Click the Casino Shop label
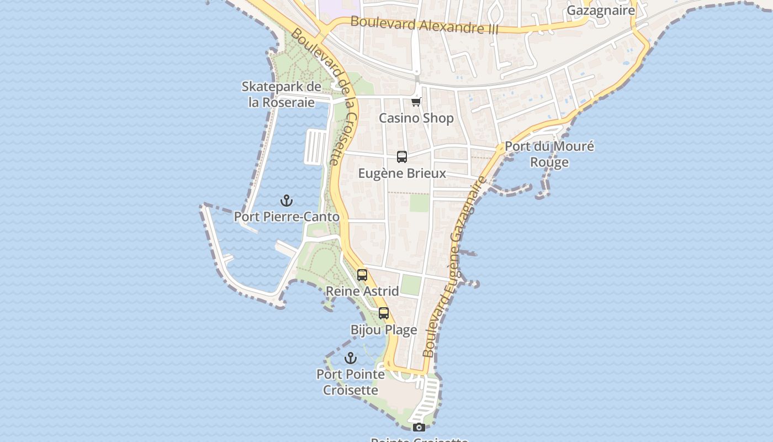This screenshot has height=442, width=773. click(x=416, y=118)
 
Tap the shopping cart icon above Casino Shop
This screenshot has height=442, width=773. click(x=416, y=102)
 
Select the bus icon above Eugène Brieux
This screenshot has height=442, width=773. click(x=402, y=157)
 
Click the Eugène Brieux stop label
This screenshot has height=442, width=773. click(x=402, y=173)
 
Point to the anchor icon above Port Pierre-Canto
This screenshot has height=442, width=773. click(x=286, y=201)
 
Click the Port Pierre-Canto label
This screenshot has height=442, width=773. click(x=287, y=217)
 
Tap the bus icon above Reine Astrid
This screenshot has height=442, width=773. click(x=362, y=275)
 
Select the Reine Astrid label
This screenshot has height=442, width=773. click(x=362, y=291)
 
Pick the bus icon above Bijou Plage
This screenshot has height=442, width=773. click(x=384, y=313)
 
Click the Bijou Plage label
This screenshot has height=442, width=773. click(x=384, y=330)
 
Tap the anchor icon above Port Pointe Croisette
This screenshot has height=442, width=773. click(x=350, y=358)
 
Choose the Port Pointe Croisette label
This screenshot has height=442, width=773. click(x=351, y=382)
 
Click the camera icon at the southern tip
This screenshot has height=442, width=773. click(x=419, y=427)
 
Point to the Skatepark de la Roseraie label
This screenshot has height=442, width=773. click(x=282, y=94)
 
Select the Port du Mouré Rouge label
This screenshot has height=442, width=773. click(x=549, y=154)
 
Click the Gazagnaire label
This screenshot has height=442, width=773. click(x=601, y=10)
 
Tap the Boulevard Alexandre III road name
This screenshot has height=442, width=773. click(x=424, y=25)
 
